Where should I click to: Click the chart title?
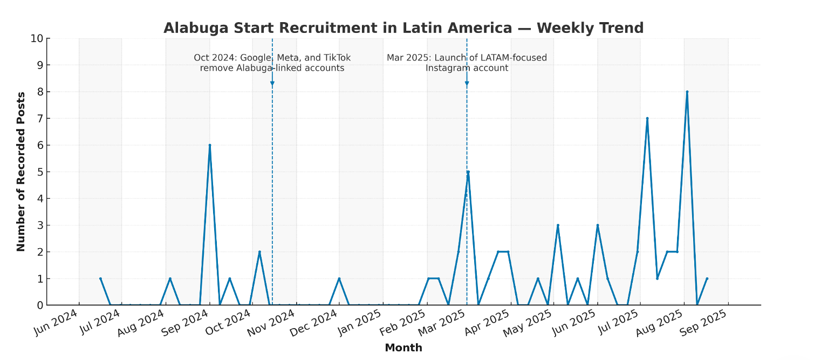click(403, 28)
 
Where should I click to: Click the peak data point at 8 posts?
click(687, 92)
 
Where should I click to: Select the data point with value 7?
click(647, 118)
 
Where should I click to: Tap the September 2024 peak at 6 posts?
click(209, 145)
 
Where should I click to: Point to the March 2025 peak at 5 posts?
click(468, 172)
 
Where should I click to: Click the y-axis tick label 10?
click(37, 39)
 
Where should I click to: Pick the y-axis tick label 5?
click(40, 172)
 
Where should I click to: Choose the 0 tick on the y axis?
click(40, 305)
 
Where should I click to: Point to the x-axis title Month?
click(403, 348)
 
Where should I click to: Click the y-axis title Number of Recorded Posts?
click(21, 172)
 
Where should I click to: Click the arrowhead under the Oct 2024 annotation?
click(272, 84)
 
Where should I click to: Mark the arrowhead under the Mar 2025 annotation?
click(467, 84)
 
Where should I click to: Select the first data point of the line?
click(100, 279)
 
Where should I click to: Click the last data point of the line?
click(707, 279)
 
